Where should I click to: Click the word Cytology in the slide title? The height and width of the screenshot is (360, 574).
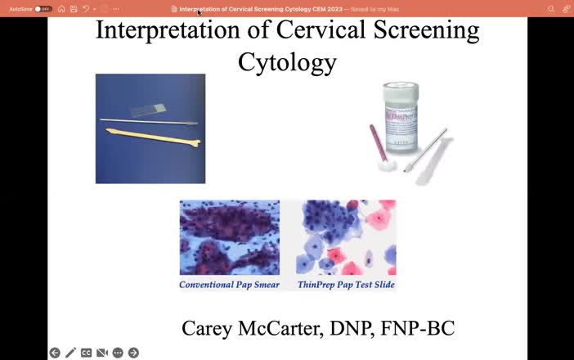tap(287, 61)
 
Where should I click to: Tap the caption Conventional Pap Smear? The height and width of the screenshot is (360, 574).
tap(230, 285)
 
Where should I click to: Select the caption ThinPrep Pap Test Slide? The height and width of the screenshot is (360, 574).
tap(346, 285)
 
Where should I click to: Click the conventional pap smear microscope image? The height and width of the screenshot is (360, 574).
tap(230, 238)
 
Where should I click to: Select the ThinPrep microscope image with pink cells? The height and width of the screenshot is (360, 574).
tap(346, 238)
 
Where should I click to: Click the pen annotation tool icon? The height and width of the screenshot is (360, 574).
tap(71, 353)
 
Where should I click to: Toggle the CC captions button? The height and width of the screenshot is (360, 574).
tap(87, 353)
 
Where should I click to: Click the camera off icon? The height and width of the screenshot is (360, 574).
tap(102, 353)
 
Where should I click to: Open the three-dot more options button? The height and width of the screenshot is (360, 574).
tap(118, 353)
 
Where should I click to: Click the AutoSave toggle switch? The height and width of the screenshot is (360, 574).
tap(43, 9)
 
